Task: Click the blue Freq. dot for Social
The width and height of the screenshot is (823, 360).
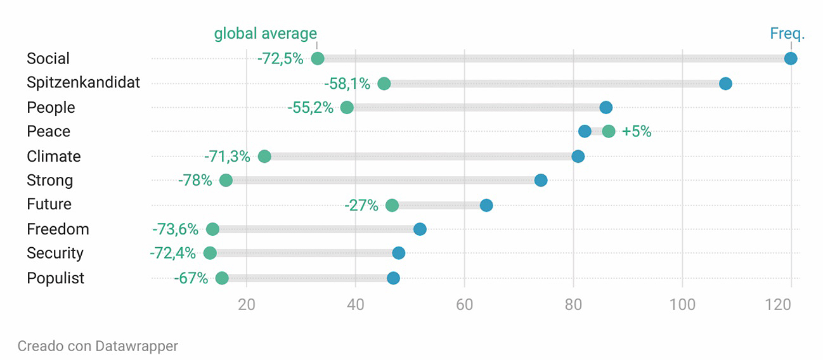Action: [790, 59]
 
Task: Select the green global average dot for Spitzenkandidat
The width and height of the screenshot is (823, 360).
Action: [384, 84]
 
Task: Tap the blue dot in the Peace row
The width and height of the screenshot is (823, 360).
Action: [585, 131]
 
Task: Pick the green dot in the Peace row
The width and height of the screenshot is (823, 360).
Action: [609, 131]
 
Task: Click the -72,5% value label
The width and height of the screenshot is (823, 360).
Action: [280, 59]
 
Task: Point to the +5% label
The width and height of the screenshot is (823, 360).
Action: [637, 132]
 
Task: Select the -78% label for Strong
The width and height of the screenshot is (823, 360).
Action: [195, 181]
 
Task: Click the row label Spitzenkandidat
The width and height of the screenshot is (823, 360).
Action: [83, 82]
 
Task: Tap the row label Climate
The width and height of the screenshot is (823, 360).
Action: [54, 156]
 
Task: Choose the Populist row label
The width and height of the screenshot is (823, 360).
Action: [55, 278]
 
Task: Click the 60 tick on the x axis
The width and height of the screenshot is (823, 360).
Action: [465, 304]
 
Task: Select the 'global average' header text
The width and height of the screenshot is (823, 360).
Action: [265, 34]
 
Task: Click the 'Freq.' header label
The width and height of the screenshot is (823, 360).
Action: [787, 34]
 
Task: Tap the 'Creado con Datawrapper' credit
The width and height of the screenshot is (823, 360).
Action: [98, 346]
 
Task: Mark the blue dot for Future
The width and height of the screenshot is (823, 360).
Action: [486, 205]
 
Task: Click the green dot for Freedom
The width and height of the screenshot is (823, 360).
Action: [212, 229]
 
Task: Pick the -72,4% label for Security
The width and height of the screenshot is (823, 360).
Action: [172, 254]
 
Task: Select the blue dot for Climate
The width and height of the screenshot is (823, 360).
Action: [578, 156]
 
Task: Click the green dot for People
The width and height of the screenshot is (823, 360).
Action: [347, 107]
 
